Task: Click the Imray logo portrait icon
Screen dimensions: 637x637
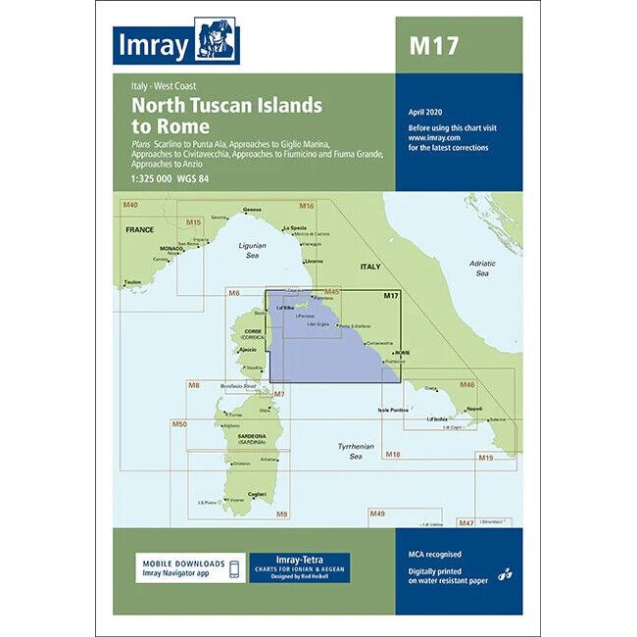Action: click(217, 41)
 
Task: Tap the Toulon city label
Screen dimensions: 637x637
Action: click(132, 283)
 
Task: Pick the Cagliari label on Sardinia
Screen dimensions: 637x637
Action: click(258, 493)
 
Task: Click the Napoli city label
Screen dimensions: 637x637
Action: click(474, 408)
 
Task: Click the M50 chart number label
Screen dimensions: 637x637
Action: click(179, 423)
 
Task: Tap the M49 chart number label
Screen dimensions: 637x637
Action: click(377, 514)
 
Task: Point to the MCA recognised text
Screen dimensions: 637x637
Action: click(432, 554)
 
